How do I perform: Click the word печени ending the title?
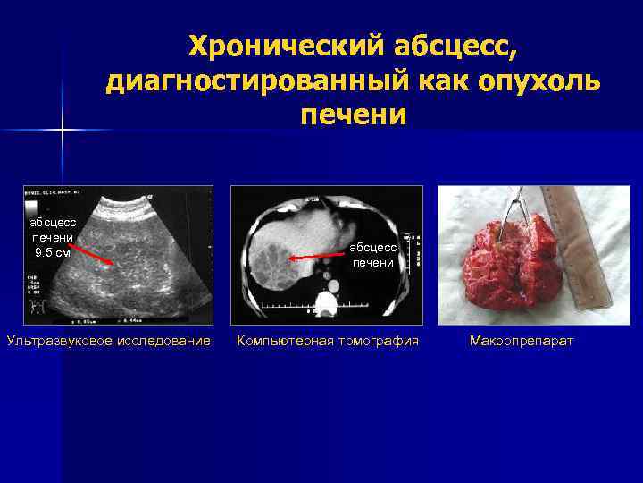point(354,116)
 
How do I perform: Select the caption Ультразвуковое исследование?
point(109,341)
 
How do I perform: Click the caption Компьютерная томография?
point(327,341)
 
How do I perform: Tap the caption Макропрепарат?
point(522,341)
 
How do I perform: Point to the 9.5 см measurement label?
point(52,252)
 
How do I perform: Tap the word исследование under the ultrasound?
point(165,341)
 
